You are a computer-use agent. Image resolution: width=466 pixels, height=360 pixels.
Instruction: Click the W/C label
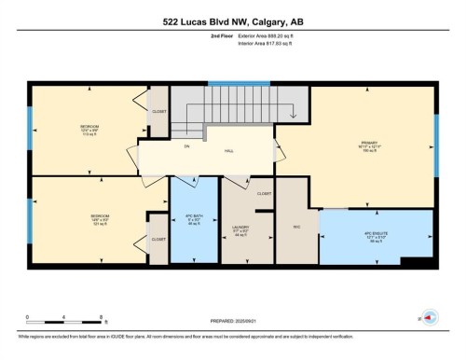(x=296, y=225)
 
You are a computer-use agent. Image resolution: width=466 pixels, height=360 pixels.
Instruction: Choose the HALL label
(x=228, y=151)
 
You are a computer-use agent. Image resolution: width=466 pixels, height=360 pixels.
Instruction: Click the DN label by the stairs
(x=185, y=146)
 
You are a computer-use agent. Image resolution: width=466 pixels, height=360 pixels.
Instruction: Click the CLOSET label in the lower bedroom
(x=159, y=239)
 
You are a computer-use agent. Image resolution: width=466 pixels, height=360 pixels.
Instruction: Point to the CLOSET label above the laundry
(x=263, y=194)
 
